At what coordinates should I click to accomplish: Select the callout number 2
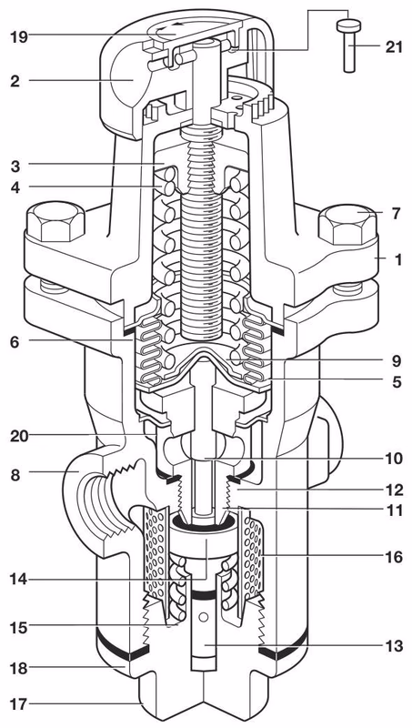coord(15,80)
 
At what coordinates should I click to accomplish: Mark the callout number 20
coord(21,436)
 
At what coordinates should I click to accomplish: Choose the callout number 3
coord(16,165)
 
